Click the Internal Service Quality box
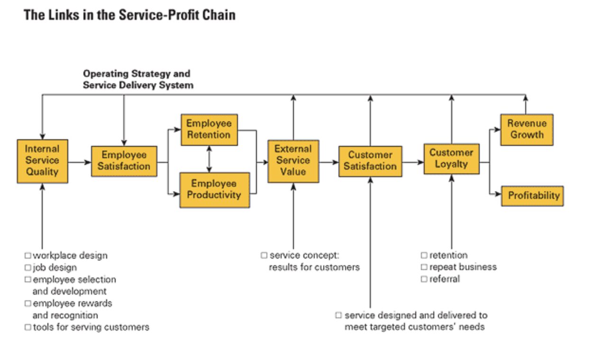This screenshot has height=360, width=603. (42, 161)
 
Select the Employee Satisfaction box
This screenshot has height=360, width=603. (124, 161)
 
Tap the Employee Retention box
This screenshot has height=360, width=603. (209, 129)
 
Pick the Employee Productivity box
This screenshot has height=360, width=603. (215, 189)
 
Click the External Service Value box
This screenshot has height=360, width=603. (293, 161)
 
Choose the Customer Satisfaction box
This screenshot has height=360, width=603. (370, 161)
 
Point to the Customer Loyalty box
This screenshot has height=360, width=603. (451, 159)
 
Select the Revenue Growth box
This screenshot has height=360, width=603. (527, 129)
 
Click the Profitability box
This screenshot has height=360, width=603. (532, 196)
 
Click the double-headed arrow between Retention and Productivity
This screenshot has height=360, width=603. (209, 159)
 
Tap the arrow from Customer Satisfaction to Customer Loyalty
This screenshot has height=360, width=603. (413, 162)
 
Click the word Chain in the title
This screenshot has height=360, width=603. (219, 15)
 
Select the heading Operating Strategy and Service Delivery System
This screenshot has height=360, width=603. (137, 80)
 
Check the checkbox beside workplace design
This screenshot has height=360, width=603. (28, 256)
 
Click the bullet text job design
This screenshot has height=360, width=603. (55, 268)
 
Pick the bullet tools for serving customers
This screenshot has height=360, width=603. (91, 327)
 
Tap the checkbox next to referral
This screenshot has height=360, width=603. (424, 279)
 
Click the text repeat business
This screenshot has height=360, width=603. (463, 267)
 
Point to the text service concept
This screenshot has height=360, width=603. (304, 256)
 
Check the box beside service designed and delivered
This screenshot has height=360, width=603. (338, 315)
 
